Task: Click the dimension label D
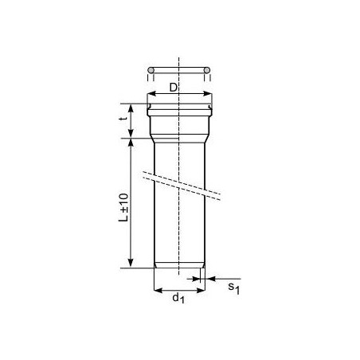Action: tap(173, 87)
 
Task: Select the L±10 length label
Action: tap(123, 208)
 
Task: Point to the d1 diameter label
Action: tap(178, 298)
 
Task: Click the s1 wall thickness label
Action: tap(234, 288)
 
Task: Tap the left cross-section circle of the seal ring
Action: tap(151, 70)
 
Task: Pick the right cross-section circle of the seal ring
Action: tap(207, 70)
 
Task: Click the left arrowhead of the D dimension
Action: tap(151, 94)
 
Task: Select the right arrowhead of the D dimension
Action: tap(208, 94)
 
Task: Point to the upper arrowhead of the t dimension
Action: tap(131, 108)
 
